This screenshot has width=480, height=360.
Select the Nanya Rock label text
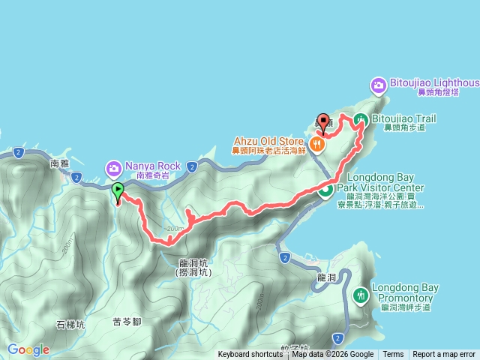pyautogui.click(x=153, y=166)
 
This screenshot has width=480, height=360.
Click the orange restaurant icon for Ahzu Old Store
pyautogui.click(x=317, y=143)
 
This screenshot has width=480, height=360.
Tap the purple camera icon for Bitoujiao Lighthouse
pyautogui.click(x=380, y=85)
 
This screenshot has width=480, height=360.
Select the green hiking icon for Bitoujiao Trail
pyautogui.click(x=361, y=119)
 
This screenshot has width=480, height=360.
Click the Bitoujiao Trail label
pyautogui.click(x=404, y=119)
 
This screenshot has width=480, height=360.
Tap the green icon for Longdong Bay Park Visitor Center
pyautogui.click(x=326, y=190)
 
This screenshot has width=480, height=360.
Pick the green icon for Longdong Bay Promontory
pyautogui.click(x=361, y=295)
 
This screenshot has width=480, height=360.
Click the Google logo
pyautogui.click(x=28, y=349)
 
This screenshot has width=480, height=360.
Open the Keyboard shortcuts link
pyautogui.click(x=250, y=355)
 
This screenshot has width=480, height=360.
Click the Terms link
pyautogui.click(x=393, y=355)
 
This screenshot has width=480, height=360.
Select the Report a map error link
pyautogui.click(x=444, y=355)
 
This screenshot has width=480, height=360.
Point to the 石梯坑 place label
pyautogui.click(x=70, y=325)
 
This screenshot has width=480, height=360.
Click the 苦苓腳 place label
pyautogui.click(x=127, y=321)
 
